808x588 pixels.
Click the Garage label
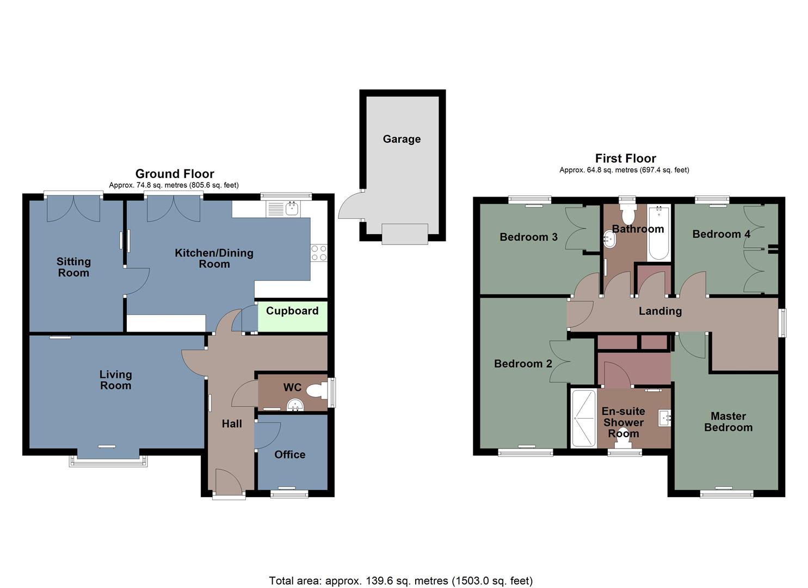(402, 139)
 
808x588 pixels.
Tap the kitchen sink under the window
(284, 208)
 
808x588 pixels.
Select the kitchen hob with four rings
(318, 253)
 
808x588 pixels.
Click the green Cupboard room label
(292, 311)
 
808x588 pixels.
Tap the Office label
(289, 455)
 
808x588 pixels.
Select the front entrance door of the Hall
(229, 483)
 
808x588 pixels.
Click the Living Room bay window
(108, 461)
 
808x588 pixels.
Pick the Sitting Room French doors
(73, 209)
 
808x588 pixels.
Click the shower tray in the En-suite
(583, 418)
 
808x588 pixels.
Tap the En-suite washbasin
(665, 418)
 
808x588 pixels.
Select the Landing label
(660, 311)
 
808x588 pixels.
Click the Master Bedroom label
(728, 422)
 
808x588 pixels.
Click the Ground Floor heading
(175, 174)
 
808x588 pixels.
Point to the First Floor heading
(625, 158)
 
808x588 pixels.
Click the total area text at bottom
(401, 580)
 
